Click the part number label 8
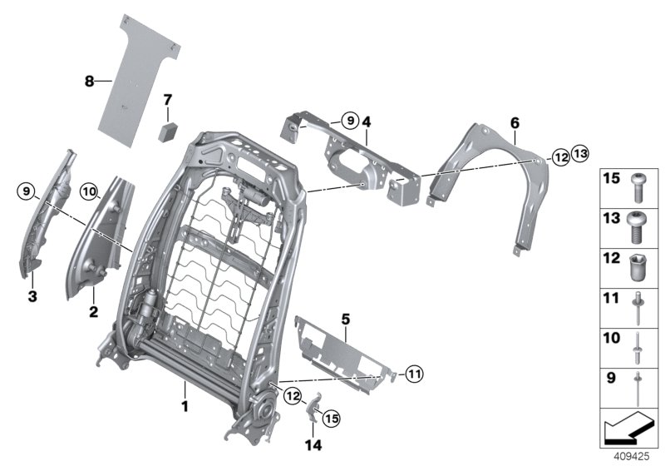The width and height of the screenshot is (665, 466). click(x=89, y=81)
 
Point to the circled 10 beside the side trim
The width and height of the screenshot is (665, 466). click(x=89, y=192)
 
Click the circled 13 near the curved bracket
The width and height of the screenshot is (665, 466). click(x=579, y=153)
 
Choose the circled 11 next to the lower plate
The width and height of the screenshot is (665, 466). click(x=416, y=374)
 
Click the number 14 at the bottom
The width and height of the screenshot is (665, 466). click(x=313, y=445)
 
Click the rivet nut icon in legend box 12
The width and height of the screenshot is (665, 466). click(x=637, y=265)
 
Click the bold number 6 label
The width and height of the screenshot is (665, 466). click(x=515, y=123)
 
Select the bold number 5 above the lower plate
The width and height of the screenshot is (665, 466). click(x=346, y=318)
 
